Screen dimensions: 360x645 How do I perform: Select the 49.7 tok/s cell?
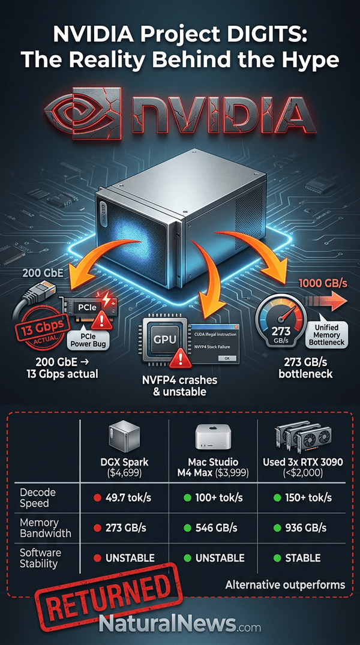pyautogui.click(x=122, y=498)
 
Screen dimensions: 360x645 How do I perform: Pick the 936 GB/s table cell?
pyautogui.click(x=301, y=527)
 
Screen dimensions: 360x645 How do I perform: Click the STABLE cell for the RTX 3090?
pyautogui.click(x=298, y=558)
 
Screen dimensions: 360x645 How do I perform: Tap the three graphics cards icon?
pyautogui.click(x=299, y=437)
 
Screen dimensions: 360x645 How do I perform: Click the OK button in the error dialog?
pyautogui.click(x=228, y=358)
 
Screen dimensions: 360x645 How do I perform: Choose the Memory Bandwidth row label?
pyautogui.click(x=40, y=527)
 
